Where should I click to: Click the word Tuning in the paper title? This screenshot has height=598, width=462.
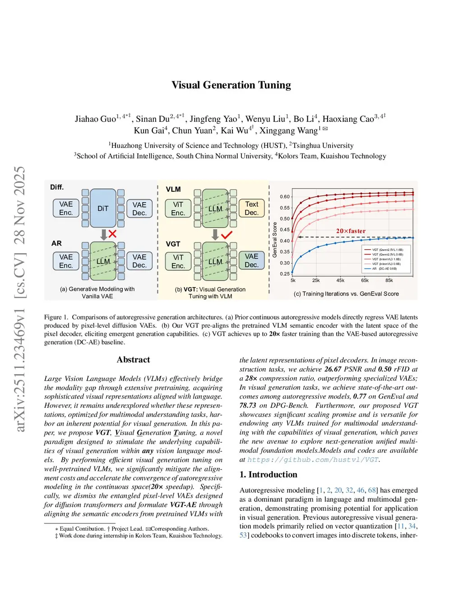pyautogui.click(x=274, y=85)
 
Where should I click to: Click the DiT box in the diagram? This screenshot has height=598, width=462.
pyautogui.click(x=103, y=209)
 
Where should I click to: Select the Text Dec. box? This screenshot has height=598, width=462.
pyautogui.click(x=251, y=208)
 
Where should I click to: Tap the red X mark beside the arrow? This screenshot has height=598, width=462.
pyautogui.click(x=112, y=234)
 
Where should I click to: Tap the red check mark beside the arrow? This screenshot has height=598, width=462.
pyautogui.click(x=226, y=235)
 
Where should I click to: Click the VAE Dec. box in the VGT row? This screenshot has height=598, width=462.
pyautogui.click(x=251, y=260)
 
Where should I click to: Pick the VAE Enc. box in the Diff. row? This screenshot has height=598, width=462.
pyautogui.click(x=66, y=208)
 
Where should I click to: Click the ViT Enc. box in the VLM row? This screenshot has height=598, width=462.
pyautogui.click(x=178, y=208)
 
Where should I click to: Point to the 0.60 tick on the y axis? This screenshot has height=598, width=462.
pyautogui.click(x=285, y=197)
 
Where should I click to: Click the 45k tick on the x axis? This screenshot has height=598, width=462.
pyautogui.click(x=340, y=280)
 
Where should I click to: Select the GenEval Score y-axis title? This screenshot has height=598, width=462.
pyautogui.click(x=275, y=240)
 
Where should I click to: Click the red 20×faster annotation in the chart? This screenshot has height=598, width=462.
pyautogui.click(x=351, y=231)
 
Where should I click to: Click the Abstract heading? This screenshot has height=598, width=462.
pyautogui.click(x=133, y=360)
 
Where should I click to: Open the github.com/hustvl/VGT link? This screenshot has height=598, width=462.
pyautogui.click(x=313, y=459)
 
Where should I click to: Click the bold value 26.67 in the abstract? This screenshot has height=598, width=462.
pyautogui.click(x=333, y=369)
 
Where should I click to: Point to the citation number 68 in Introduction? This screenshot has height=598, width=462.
pyautogui.click(x=372, y=490)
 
